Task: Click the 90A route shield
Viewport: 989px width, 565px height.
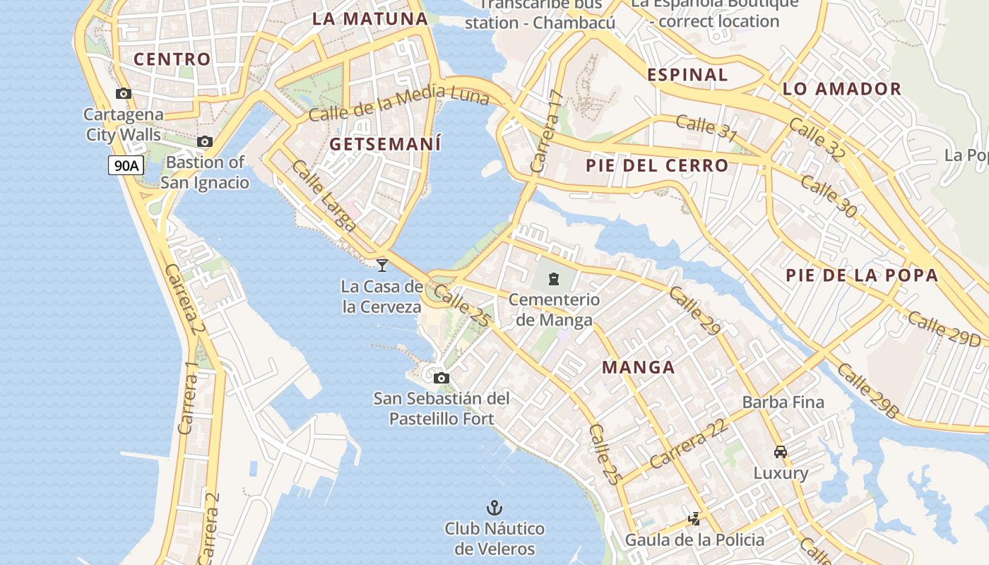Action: [126, 166]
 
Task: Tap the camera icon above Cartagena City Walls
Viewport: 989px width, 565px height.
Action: [124, 93]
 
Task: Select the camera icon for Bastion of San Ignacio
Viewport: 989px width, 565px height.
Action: [205, 141]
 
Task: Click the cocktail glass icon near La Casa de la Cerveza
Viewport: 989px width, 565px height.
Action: [382, 265]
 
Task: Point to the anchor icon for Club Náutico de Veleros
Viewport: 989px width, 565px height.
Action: [494, 508]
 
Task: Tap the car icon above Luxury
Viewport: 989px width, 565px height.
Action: [780, 452]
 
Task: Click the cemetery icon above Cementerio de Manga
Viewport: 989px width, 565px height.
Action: [554, 279]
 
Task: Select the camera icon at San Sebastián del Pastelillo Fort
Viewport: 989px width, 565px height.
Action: [442, 378]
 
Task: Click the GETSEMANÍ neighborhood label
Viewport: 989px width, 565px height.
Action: [385, 144]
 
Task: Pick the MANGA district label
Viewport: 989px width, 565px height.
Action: [639, 367]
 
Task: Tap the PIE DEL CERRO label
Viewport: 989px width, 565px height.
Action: [657, 166]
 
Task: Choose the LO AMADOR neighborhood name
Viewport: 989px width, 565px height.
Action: [842, 89]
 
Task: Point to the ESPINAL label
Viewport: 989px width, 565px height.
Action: [687, 75]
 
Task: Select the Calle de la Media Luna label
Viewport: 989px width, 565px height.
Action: [399, 103]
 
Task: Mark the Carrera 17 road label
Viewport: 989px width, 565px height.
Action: [547, 132]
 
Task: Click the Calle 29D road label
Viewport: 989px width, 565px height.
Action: [944, 328]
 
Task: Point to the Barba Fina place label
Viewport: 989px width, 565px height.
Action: [783, 402]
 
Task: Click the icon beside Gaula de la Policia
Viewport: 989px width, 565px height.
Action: [694, 519]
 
